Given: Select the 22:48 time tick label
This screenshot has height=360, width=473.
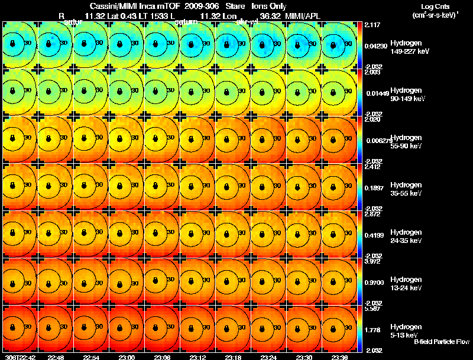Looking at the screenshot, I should (x=56, y=356).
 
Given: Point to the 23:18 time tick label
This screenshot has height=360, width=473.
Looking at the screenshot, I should (x=233, y=356).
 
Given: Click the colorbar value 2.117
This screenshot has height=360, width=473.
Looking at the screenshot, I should (x=372, y=25).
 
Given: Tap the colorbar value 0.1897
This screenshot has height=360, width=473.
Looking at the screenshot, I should (x=374, y=187).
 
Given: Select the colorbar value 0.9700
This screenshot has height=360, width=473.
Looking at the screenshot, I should (x=374, y=282).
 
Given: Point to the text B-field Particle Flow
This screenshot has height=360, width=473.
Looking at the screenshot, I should (x=442, y=342).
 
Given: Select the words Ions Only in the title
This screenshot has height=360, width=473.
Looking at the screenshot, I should (x=269, y=7).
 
